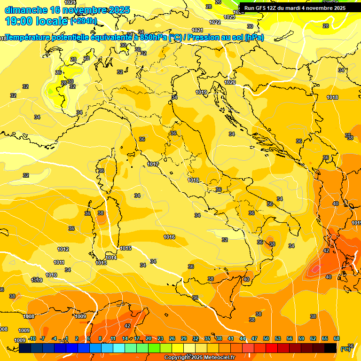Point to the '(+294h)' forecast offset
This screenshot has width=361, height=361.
pos(84,21)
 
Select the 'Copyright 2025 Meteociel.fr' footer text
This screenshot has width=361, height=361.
pos(199,357)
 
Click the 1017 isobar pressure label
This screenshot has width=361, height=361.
pos(152,164)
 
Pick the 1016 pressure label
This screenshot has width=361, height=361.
pos(169,237)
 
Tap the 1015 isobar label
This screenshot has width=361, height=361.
pos(126,248)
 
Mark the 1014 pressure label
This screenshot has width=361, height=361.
pos(111,258)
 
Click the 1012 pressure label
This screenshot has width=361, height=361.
pos(63,249)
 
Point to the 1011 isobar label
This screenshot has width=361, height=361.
pos(59,262)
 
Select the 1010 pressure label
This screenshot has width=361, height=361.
pos(51,275)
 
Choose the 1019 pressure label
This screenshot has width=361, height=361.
pos(202,92)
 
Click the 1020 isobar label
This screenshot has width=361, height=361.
pos(230,82)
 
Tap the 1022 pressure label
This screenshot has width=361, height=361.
pos(215,22)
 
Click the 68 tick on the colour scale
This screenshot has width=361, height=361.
pos(337,338)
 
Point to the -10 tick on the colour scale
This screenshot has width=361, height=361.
pos(32,338)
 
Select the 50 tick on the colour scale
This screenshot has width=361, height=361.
pos(266,338)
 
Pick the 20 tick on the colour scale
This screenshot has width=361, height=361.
pos(149,338)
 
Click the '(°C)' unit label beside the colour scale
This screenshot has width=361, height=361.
pos(345,348)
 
